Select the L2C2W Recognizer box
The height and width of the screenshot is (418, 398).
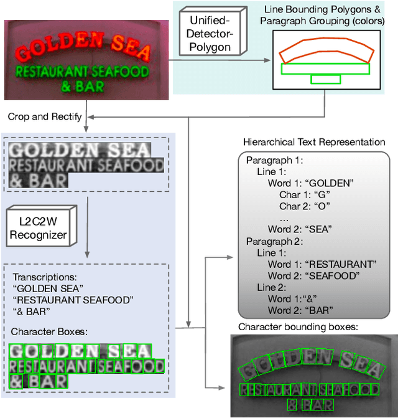click(38, 227)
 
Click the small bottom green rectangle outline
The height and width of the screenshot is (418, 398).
click(326, 79)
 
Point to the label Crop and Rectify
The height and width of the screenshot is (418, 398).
click(45, 116)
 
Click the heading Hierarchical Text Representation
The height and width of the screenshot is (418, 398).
click(314, 142)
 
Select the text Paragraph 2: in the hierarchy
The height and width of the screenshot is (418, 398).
click(272, 241)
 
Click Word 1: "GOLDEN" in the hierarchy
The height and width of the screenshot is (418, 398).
click(310, 183)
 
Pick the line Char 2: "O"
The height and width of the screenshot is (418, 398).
click(304, 206)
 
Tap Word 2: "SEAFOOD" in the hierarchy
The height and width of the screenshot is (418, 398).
click(313, 275)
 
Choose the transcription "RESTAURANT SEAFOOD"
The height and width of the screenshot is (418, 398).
click(73, 300)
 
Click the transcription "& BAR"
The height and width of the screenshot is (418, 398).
click(30, 311)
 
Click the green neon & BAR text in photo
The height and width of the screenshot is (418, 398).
click(82, 86)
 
